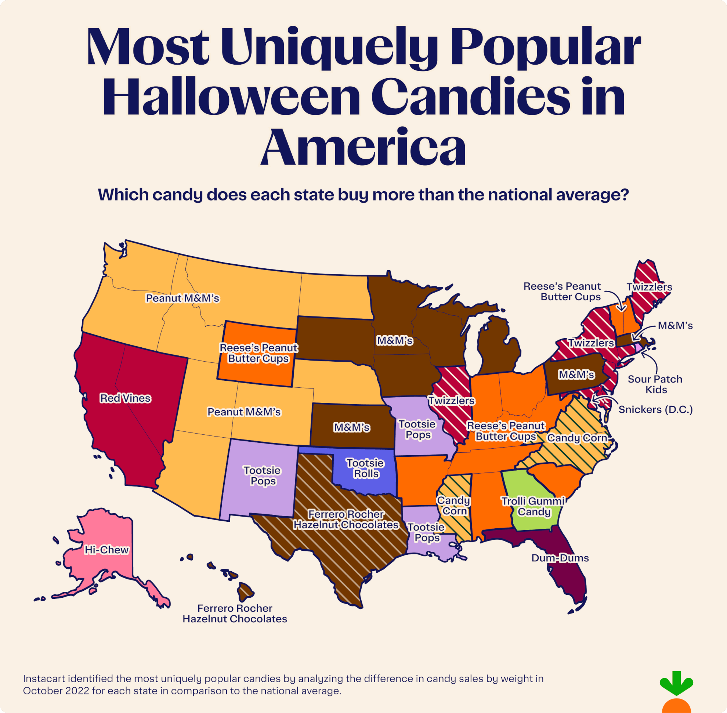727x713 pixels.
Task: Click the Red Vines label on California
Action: point(125,398)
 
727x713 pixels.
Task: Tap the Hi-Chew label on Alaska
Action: point(106,550)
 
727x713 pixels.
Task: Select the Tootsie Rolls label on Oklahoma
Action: point(365,468)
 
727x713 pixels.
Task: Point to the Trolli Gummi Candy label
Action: point(533,506)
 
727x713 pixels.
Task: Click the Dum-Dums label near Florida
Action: point(560,558)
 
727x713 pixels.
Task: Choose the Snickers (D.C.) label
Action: point(655,409)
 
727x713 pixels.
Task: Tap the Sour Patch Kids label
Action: point(655,384)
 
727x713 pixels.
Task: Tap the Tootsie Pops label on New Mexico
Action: point(262,475)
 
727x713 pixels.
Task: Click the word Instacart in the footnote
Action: point(44,678)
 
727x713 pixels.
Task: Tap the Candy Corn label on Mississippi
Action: point(454,506)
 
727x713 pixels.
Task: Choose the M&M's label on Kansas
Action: point(352,427)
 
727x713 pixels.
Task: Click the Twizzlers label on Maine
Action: point(649,287)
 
